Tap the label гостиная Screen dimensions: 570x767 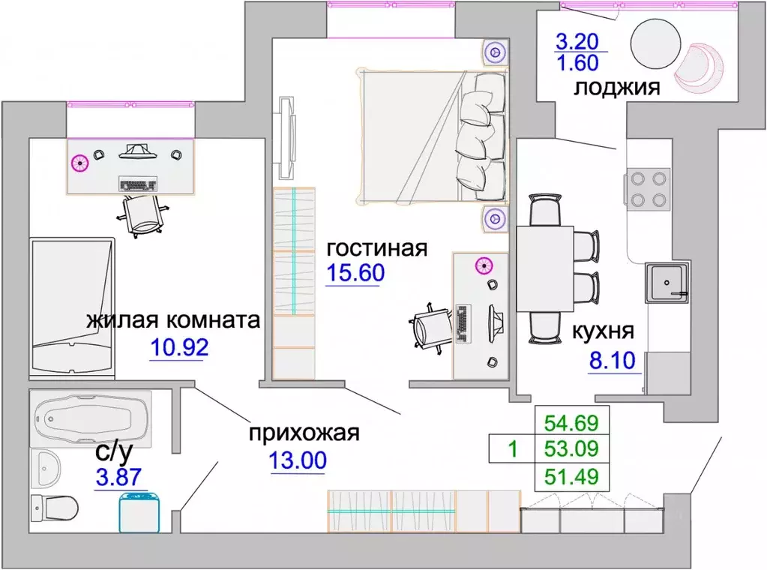pos(376,248)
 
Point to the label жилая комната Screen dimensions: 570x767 pos(173,321)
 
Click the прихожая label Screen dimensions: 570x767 pos(304,433)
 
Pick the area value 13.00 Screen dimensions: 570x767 pos(298,460)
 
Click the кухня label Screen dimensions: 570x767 pos(604,331)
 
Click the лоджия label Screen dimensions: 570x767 pos(616,88)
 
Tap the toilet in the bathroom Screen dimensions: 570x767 pos(55,509)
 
